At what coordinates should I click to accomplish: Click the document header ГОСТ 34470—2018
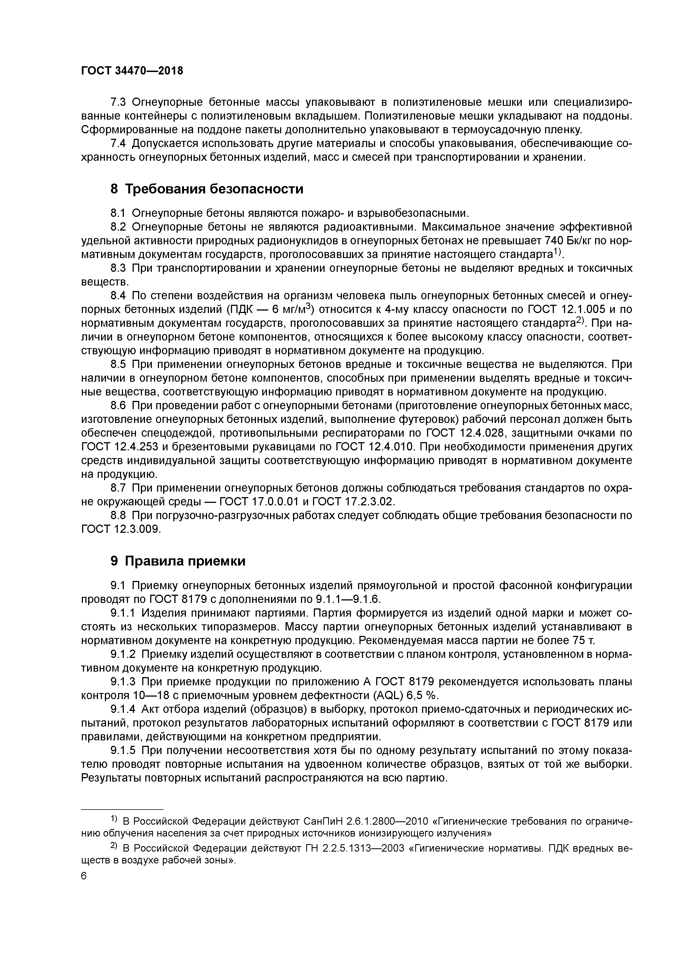(132, 71)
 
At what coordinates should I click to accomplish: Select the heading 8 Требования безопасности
(206, 189)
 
